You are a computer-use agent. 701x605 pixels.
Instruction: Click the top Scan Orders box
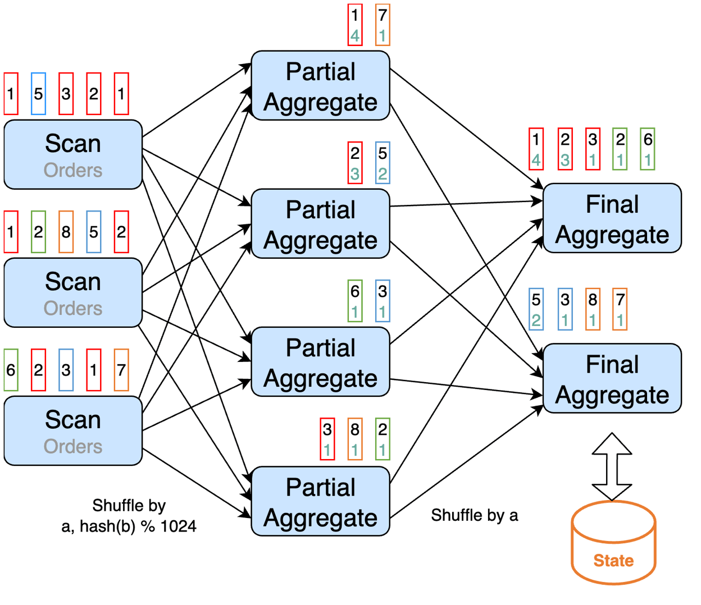point(73,154)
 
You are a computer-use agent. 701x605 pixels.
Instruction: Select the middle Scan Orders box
point(73,292)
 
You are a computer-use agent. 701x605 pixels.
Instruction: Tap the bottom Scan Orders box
point(73,430)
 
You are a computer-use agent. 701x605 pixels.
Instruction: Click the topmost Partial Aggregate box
point(320,86)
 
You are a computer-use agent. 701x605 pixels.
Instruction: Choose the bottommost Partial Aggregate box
point(320,501)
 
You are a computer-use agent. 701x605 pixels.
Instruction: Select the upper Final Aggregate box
point(612,218)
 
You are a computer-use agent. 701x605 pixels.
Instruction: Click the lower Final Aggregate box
point(612,378)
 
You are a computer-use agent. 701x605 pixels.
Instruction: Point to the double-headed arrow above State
point(612,466)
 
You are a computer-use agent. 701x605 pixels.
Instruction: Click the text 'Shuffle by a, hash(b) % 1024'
point(129,516)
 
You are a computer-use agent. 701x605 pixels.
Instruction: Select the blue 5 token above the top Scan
point(38,94)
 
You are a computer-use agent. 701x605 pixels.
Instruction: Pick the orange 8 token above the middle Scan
point(66,232)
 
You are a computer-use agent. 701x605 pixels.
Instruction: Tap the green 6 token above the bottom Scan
point(11,370)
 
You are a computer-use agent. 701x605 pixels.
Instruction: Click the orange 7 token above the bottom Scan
point(121,370)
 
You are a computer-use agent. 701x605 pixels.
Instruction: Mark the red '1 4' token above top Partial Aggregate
point(355,25)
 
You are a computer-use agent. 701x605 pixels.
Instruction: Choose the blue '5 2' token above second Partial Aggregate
point(383,163)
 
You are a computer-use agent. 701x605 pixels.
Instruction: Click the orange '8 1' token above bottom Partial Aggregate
point(355,439)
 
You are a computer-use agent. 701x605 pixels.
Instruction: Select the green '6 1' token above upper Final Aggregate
point(648,149)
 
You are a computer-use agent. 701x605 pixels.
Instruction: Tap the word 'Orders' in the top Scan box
point(73,170)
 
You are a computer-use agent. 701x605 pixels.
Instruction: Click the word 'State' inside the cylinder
point(613,561)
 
